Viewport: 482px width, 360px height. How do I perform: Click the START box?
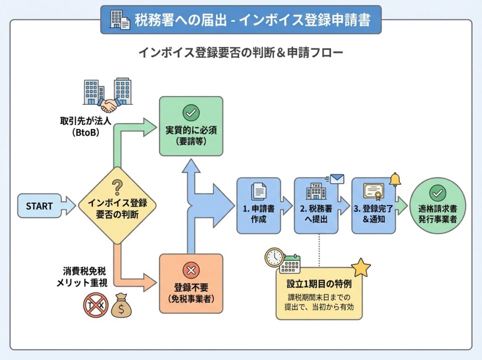(x=40, y=206)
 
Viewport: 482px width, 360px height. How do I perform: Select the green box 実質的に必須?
(x=191, y=126)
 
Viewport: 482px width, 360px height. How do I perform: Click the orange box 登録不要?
(x=191, y=283)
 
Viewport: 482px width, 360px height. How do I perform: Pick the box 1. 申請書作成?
(x=258, y=206)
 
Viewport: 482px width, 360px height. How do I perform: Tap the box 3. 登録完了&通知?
(x=373, y=206)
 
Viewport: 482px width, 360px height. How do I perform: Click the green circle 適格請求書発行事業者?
(x=438, y=206)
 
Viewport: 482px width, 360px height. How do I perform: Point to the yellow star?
(x=361, y=267)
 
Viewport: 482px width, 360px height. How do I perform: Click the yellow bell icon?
(x=394, y=179)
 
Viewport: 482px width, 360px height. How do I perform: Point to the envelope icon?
(x=337, y=179)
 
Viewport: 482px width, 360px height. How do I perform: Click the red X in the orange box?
(x=191, y=270)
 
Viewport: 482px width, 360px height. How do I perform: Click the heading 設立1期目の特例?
(x=319, y=284)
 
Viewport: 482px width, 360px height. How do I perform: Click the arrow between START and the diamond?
(x=69, y=206)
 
